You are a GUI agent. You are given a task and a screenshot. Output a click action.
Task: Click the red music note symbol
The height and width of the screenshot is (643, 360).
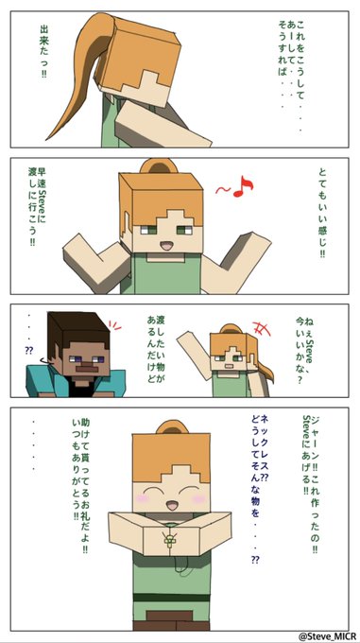coord(243,186)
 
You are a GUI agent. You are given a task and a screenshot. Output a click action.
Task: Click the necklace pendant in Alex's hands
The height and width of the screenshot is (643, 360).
coord(168,539)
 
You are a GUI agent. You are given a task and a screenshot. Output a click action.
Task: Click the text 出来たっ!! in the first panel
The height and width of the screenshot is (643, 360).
coord(43,51)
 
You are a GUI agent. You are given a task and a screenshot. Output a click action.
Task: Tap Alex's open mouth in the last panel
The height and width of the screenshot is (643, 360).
coord(172,504)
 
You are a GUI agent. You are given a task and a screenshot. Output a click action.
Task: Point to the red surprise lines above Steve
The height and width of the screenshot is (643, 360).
coord(115,326)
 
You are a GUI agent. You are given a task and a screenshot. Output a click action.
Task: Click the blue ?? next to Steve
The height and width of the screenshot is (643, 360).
coord(29,351)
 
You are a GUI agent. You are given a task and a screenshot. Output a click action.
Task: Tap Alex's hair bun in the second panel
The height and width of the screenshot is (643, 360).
coord(159,165)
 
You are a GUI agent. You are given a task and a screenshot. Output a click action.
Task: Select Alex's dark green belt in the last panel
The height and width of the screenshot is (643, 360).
coord(171,597)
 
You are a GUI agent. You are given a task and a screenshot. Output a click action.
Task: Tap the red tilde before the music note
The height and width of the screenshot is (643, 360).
coord(224,190)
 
